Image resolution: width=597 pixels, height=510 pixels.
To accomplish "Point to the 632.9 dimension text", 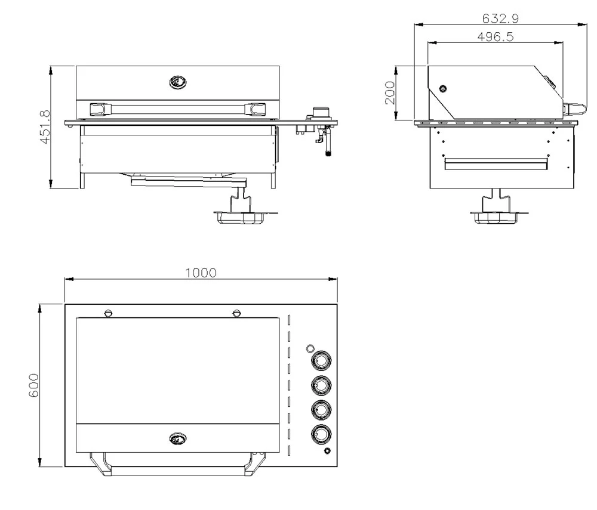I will point(500,18).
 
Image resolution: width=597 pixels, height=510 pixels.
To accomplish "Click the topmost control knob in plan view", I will point(321,361).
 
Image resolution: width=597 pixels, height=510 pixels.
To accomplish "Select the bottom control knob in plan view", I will point(321,434).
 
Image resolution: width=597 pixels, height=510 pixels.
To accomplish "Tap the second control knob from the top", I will point(321,386).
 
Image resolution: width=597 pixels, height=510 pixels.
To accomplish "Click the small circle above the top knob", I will point(310,348).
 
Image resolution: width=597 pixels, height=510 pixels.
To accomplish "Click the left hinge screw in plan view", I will point(108,313).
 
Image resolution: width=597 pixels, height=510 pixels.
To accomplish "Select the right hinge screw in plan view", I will point(237,313).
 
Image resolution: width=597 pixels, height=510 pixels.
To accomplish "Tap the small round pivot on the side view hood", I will point(442,89).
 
